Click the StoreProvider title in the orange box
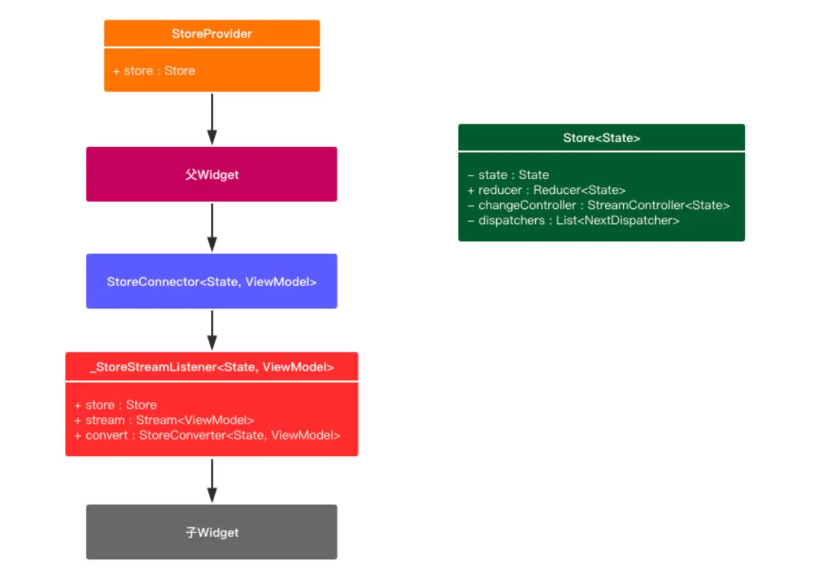click(212, 33)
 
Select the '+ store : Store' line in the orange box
click(154, 70)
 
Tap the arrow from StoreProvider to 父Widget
click(212, 119)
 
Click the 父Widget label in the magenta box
click(212, 175)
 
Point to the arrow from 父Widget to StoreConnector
click(212, 227)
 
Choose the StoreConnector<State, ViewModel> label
click(212, 282)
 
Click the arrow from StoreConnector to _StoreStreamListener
click(212, 330)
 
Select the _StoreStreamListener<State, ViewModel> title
click(212, 367)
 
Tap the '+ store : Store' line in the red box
click(115, 405)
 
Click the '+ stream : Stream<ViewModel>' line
click(164, 420)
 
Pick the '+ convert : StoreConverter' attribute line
click(207, 436)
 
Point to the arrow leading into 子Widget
click(212, 481)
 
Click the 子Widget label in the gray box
click(212, 532)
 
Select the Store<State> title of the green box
click(601, 138)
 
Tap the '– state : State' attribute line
click(508, 175)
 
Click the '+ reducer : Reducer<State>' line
click(547, 190)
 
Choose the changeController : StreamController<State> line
click(599, 205)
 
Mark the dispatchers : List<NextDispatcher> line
click(573, 221)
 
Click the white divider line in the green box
click(601, 152)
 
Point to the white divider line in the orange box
click(212, 47)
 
